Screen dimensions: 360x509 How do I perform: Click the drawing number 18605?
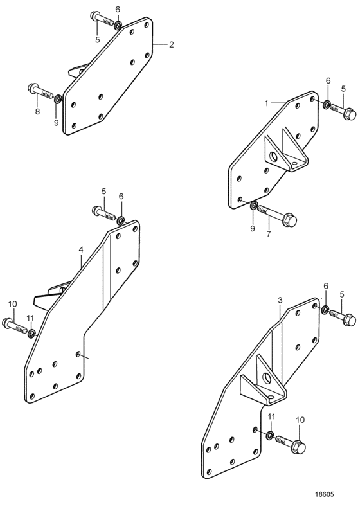[323, 494]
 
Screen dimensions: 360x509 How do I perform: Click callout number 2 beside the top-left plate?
[171, 44]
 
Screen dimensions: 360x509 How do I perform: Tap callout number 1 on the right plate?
[267, 103]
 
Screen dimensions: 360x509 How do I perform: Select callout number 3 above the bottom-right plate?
[280, 301]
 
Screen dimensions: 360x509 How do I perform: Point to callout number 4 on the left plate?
[81, 249]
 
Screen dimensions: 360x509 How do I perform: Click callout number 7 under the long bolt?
[269, 234]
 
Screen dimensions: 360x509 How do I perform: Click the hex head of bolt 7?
[289, 220]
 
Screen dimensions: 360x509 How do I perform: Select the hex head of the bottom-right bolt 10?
[299, 447]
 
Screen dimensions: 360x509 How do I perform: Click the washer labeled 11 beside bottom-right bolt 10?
[270, 435]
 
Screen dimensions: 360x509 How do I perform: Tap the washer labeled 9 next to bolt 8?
[58, 99]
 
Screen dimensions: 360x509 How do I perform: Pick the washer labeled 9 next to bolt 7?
[254, 205]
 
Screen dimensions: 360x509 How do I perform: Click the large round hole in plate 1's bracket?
[274, 157]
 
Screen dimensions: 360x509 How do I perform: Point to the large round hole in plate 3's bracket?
[267, 378]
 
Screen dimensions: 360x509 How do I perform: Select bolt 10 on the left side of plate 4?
[15, 326]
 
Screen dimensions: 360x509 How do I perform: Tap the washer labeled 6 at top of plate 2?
[118, 25]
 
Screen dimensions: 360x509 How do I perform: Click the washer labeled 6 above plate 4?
[121, 220]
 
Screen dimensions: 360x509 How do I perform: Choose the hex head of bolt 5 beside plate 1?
[350, 114]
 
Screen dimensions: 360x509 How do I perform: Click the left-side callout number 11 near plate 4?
[30, 319]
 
